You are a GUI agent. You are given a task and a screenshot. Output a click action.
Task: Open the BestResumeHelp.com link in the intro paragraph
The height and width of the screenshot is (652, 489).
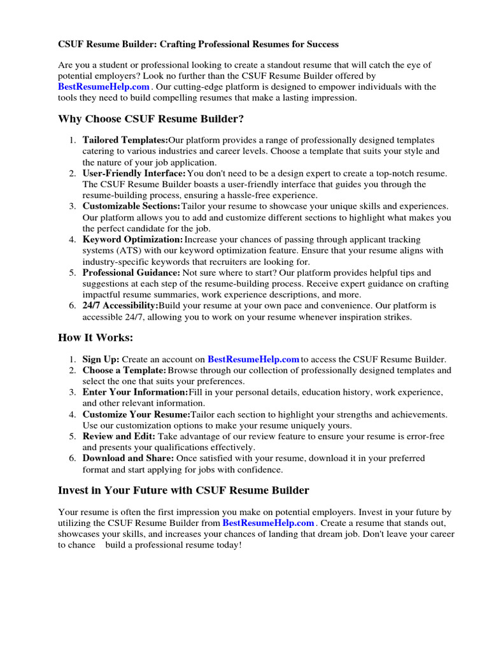click(104, 87)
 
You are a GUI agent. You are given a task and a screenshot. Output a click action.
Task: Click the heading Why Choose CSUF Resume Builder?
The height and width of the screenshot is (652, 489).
click(151, 119)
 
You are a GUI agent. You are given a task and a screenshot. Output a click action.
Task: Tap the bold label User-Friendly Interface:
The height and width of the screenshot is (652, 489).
click(134, 173)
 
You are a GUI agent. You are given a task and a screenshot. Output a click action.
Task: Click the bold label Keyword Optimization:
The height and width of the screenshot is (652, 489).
click(132, 239)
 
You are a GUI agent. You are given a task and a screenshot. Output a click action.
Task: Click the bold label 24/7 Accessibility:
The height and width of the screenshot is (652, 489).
click(120, 306)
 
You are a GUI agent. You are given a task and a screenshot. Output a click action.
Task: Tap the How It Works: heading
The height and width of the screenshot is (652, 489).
click(96, 338)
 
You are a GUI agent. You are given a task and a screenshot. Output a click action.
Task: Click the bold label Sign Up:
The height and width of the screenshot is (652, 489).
click(101, 359)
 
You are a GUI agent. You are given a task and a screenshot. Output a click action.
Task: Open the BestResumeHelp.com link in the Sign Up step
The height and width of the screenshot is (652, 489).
click(253, 359)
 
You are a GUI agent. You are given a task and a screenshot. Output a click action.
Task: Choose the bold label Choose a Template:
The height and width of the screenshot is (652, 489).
click(124, 370)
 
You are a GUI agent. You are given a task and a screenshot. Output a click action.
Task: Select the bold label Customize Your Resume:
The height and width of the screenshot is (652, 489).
click(136, 415)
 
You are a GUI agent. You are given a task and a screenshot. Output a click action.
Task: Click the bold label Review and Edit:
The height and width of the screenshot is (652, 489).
click(119, 436)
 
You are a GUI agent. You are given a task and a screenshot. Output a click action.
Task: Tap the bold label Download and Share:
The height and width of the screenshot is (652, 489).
click(128, 458)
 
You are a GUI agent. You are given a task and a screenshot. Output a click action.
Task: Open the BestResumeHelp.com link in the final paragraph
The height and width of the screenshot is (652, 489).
click(268, 523)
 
